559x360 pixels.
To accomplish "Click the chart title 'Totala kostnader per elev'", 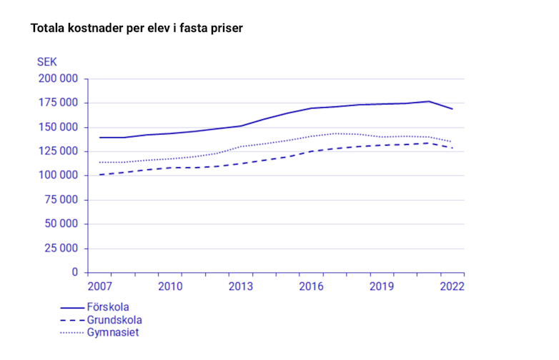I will click(x=137, y=29).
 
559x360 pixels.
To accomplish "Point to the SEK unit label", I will click(x=47, y=62).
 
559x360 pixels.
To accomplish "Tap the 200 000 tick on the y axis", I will click(x=57, y=79).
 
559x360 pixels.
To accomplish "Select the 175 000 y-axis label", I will click(x=57, y=103).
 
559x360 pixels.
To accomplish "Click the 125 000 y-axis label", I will click(x=57, y=151).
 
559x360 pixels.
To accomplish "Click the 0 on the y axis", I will click(x=74, y=273).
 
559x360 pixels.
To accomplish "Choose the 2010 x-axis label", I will click(x=170, y=286).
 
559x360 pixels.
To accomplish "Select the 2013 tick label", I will click(x=241, y=286).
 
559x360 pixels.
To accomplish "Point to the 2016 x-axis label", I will click(x=312, y=286).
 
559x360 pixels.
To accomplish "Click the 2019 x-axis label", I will click(x=382, y=286).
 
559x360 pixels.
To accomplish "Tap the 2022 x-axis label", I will click(x=452, y=286).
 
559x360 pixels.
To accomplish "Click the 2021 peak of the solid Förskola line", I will click(x=429, y=101).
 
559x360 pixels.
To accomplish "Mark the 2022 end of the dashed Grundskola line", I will click(x=452, y=148).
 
